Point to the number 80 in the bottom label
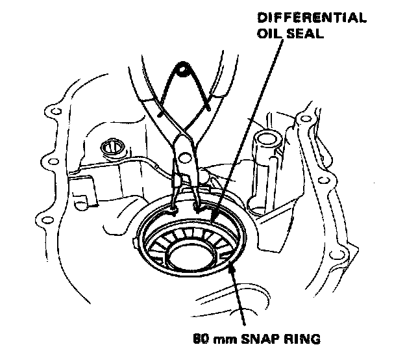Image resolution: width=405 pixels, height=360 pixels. coord(202,338)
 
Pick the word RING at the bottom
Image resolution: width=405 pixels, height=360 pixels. coord(300,338)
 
